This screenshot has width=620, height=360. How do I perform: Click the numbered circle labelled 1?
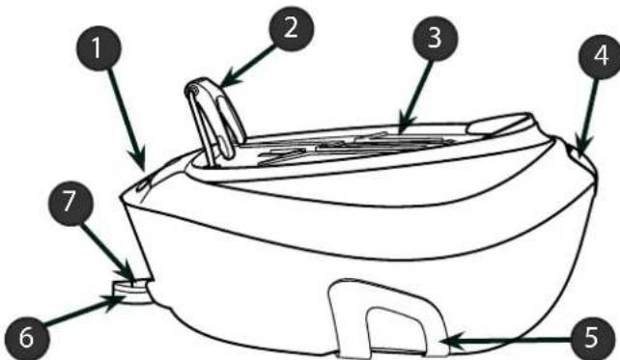point(99,48)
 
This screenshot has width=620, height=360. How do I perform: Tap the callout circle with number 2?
point(291,28)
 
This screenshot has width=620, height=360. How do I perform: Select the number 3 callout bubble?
point(435,39)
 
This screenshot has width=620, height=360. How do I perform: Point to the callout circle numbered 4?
point(601,56)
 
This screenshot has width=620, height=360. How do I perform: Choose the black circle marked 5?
point(592,338)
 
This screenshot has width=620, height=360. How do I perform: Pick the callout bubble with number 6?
point(26,338)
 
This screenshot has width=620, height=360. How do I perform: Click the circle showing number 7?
point(70,203)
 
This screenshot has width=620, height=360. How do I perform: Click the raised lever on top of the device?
point(214,118)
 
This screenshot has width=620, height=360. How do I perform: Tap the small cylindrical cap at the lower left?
point(131,291)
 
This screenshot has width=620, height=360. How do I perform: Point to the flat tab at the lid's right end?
point(499,125)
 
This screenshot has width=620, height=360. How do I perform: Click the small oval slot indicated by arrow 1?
point(141,184)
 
